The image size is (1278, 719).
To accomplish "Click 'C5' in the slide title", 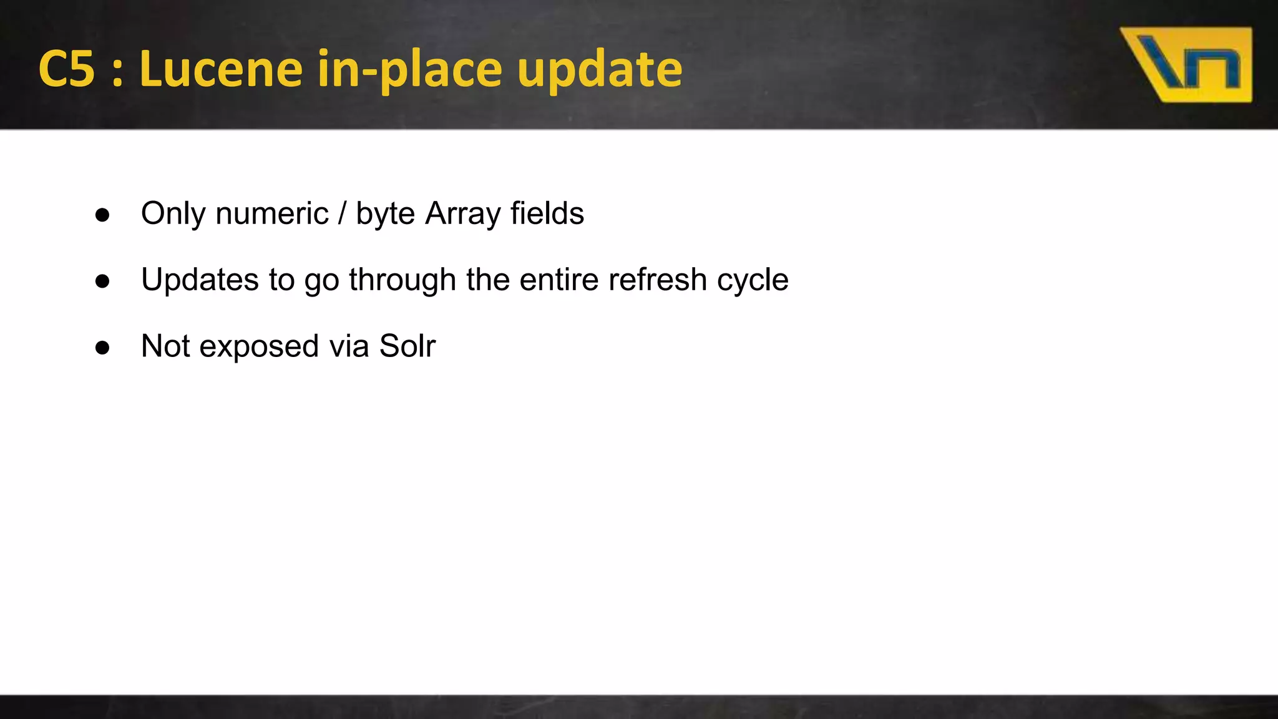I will coord(67,69).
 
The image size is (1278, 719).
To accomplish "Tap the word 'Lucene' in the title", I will coord(221,69).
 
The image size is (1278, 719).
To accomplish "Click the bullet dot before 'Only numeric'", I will coord(102,215).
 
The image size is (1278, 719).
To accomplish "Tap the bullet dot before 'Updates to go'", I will coord(102,281).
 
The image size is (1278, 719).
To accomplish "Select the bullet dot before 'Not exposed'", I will coord(102,348).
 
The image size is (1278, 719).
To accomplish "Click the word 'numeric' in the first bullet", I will coord(272,214).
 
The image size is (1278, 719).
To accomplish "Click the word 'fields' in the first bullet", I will coord(547,213).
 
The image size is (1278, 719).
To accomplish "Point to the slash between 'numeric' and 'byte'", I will coord(342,214).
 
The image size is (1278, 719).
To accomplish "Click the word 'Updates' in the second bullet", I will coord(200,280).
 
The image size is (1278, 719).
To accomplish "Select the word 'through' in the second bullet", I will coord(402,280).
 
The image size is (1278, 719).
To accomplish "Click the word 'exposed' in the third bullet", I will coord(259,347).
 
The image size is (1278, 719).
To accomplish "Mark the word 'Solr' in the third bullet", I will coord(407,346).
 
